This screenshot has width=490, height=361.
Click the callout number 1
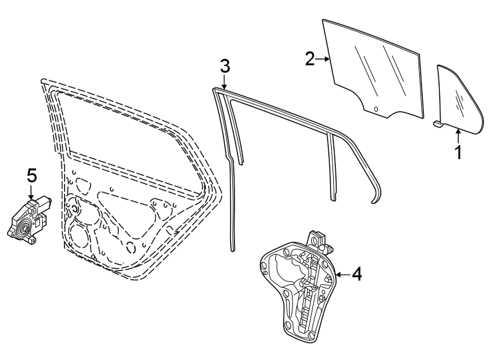click(459, 152)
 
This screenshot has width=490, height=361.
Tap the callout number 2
click(310, 59)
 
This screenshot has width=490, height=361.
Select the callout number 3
click(225, 66)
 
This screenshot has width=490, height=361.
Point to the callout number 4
click(356, 274)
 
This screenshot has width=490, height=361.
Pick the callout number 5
click(31, 176)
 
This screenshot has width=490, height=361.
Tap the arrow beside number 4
click(340, 274)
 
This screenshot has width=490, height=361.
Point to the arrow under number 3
click(225, 83)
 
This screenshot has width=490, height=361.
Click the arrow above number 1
click(458, 134)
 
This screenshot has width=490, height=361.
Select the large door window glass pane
click(374, 70)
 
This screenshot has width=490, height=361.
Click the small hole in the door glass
click(376, 109)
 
